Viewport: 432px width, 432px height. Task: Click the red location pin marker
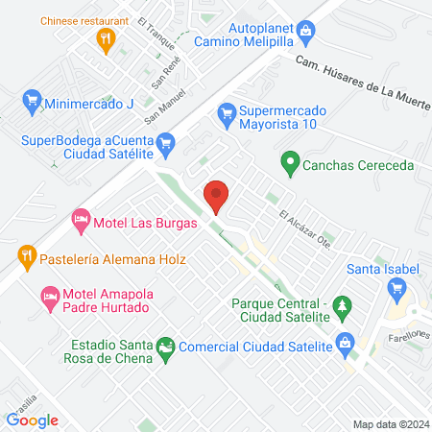[x=217, y=197]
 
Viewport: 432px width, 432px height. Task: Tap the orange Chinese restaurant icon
[x=107, y=38]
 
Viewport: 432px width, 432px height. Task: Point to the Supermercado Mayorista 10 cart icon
[x=227, y=113]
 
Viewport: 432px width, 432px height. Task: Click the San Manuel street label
[x=162, y=107]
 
